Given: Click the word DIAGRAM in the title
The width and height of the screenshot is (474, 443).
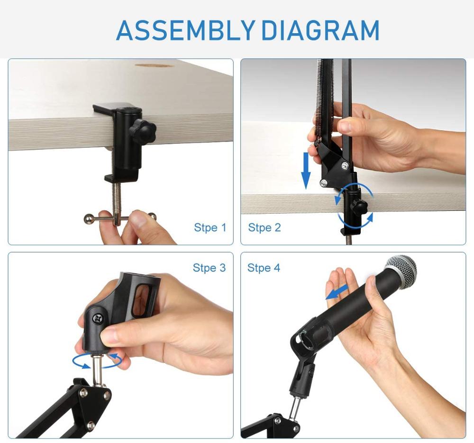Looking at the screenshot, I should [x=320, y=30].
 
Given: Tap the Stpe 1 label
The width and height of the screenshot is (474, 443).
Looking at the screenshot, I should [x=210, y=228].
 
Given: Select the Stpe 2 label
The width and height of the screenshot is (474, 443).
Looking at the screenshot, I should [x=264, y=228].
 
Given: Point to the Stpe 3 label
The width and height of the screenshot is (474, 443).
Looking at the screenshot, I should [x=209, y=268].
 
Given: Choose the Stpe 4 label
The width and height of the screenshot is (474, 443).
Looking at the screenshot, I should [x=264, y=268].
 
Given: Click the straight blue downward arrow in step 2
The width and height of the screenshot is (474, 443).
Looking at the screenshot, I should [x=306, y=173].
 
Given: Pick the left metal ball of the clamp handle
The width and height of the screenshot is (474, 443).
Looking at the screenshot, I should [x=88, y=218].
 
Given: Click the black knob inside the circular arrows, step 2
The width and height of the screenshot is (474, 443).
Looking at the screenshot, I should [x=359, y=207].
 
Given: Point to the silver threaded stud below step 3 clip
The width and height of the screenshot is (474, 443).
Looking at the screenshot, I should [x=99, y=367].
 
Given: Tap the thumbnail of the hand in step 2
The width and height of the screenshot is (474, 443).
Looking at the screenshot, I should [x=344, y=127].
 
